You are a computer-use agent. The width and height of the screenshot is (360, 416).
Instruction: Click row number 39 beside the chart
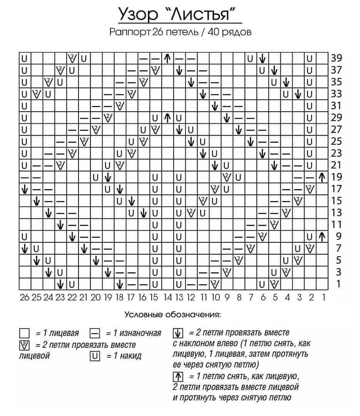pos(336,58)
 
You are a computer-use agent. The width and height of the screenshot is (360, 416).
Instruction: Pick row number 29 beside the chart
pos(336,117)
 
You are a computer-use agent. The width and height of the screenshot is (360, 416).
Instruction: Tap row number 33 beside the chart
pos(336,94)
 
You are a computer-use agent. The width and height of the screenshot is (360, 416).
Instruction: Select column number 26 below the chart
pos(24,297)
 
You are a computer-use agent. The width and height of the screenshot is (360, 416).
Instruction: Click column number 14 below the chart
pos(167,297)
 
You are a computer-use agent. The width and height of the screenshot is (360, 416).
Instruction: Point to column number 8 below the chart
pos(239,297)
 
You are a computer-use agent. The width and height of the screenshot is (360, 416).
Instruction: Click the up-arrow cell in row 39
pos(167,58)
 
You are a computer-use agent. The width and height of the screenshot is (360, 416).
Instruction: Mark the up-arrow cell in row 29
pos(167,117)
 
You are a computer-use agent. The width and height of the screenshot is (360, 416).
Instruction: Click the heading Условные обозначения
pos(172,315)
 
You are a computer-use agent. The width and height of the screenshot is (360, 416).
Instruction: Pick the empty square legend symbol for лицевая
pos(24,333)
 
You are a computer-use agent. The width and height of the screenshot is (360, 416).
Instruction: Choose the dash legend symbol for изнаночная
pos(95,333)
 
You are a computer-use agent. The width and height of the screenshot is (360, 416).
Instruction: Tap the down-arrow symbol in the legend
pos(178,333)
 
